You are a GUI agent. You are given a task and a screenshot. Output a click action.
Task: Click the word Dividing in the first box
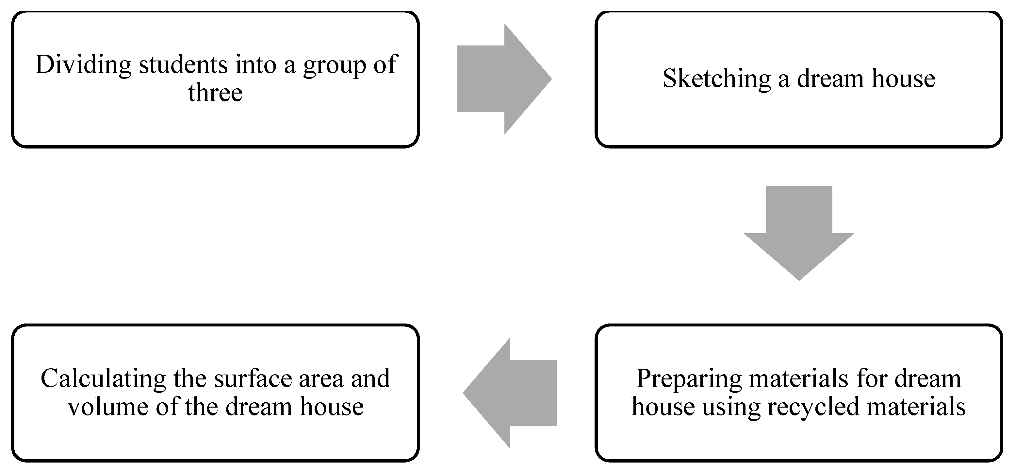coord(83,65)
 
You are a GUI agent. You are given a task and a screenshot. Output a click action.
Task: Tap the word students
coord(183,65)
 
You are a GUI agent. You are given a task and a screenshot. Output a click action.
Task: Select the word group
coord(335,66)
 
